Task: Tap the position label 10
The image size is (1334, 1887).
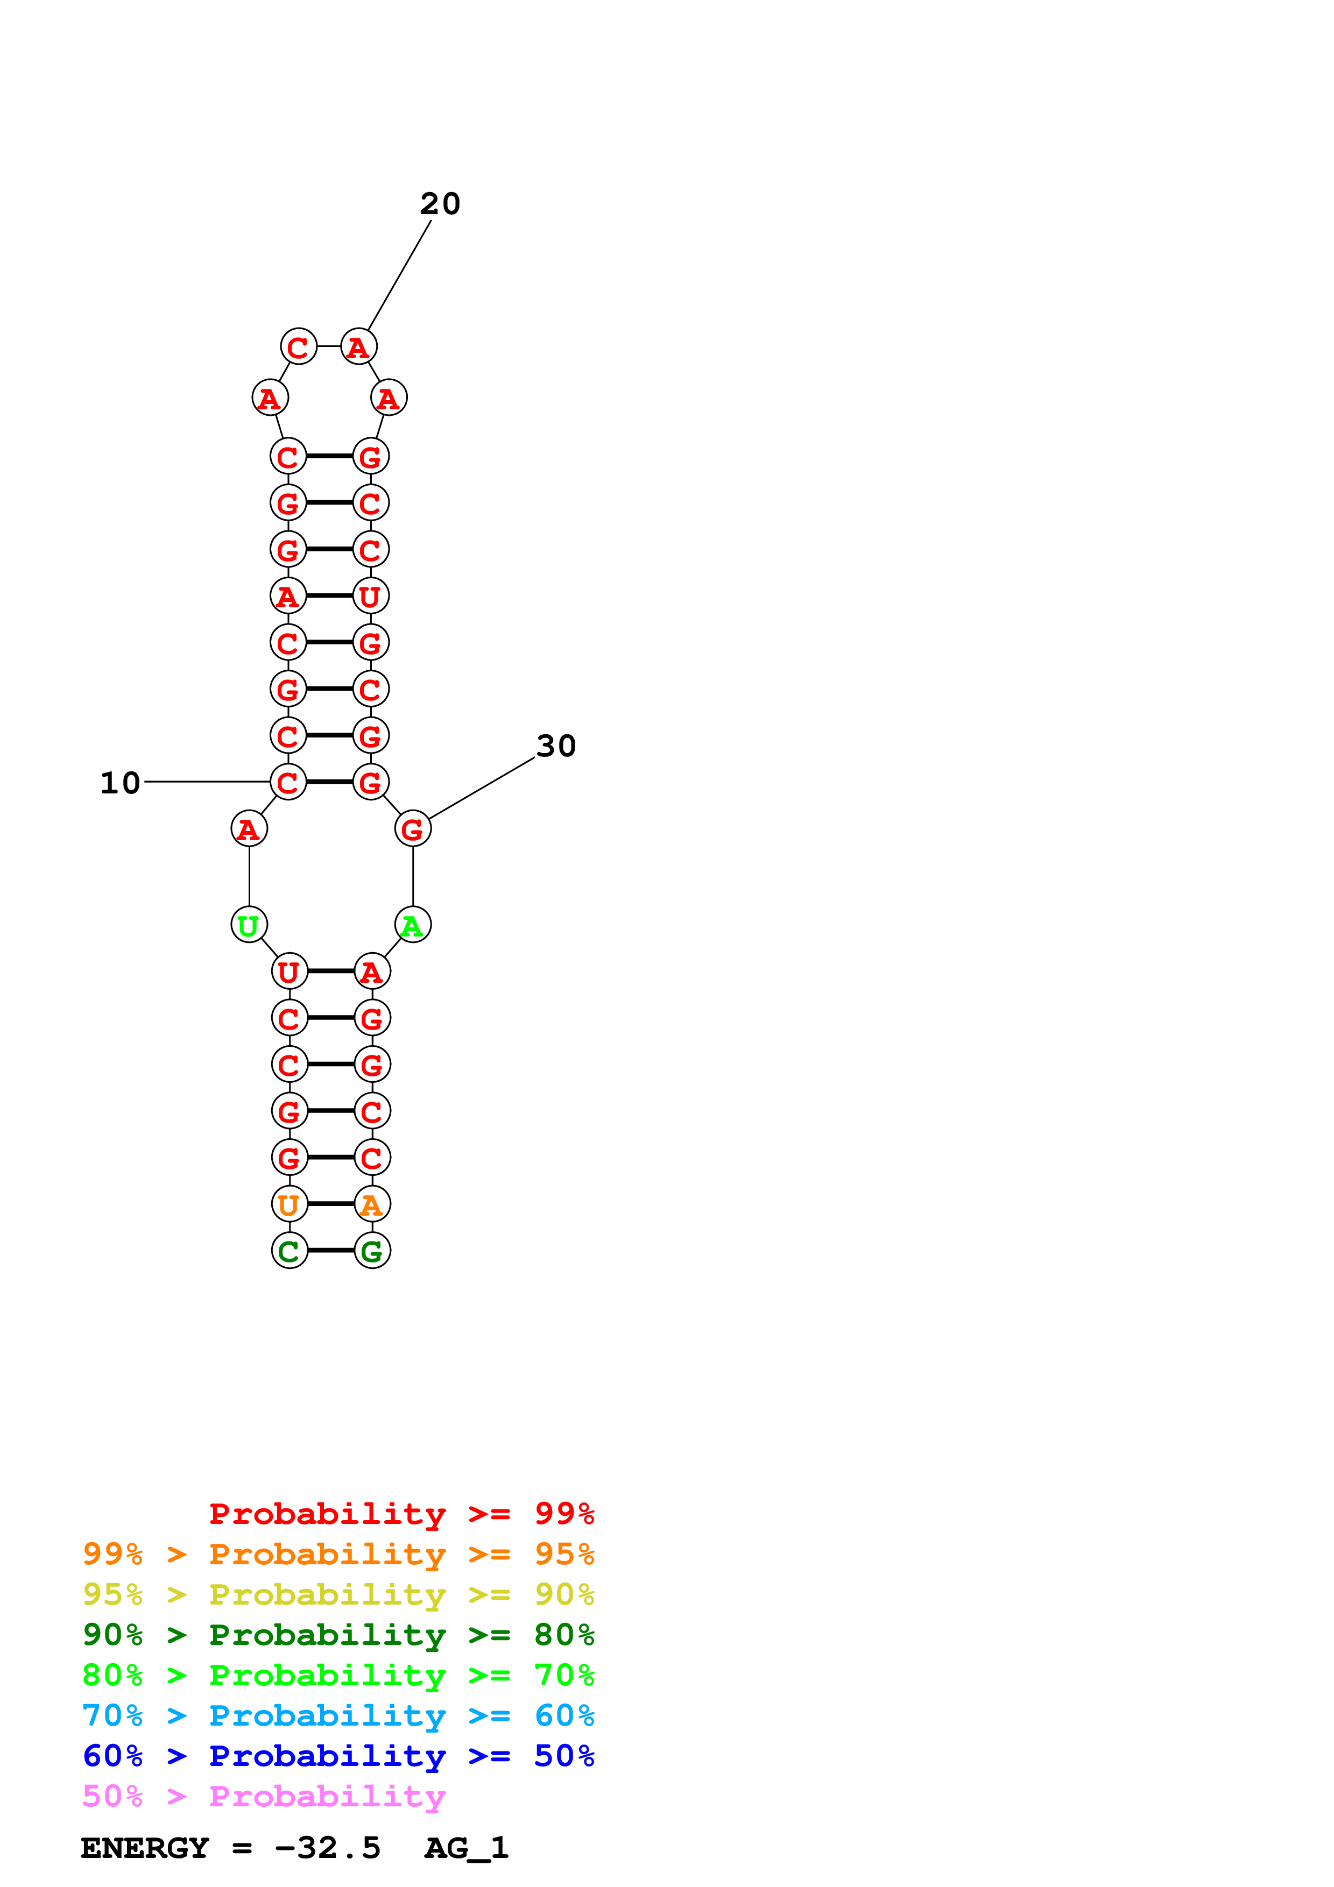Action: tap(120, 783)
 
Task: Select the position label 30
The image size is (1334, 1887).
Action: tap(556, 746)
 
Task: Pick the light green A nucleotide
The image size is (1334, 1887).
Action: tap(413, 925)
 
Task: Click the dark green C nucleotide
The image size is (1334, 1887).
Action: tap(290, 1251)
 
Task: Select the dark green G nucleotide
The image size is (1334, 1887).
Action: tap(372, 1251)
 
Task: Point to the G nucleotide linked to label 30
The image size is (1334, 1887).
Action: tap(413, 829)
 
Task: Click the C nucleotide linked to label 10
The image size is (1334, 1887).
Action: tap(288, 783)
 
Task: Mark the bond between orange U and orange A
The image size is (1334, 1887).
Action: tap(330, 1204)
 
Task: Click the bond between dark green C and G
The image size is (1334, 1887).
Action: tap(330, 1251)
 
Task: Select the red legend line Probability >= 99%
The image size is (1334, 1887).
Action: tap(401, 1514)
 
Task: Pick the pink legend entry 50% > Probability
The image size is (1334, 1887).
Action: tap(264, 1797)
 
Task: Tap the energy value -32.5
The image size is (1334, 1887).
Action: tap(327, 1848)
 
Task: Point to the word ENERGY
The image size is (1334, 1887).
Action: tap(145, 1848)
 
